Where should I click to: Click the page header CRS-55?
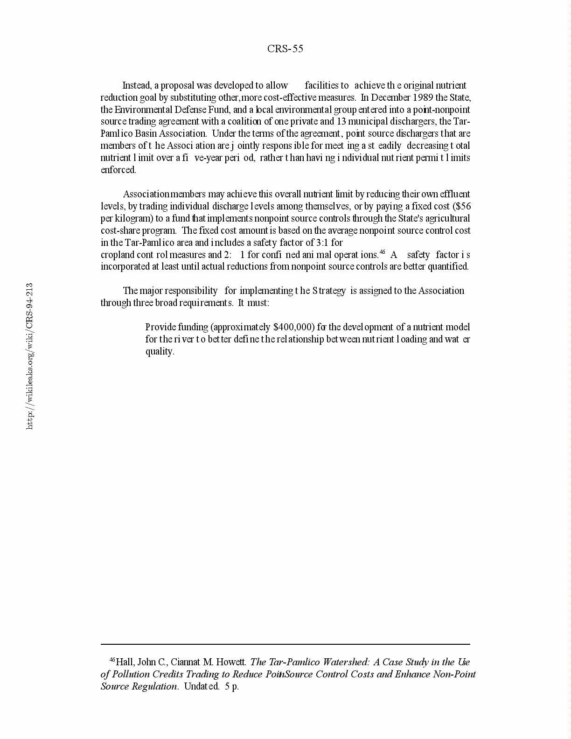tap(285, 49)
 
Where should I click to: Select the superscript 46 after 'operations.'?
tap(382, 252)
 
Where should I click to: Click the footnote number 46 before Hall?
tap(112, 660)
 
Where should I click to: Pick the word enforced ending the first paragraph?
tap(118, 170)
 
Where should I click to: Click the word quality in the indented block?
tap(160, 351)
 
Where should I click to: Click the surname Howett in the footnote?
tap(230, 662)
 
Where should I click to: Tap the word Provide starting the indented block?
tap(160, 327)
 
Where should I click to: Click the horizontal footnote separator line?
tap(285, 644)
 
